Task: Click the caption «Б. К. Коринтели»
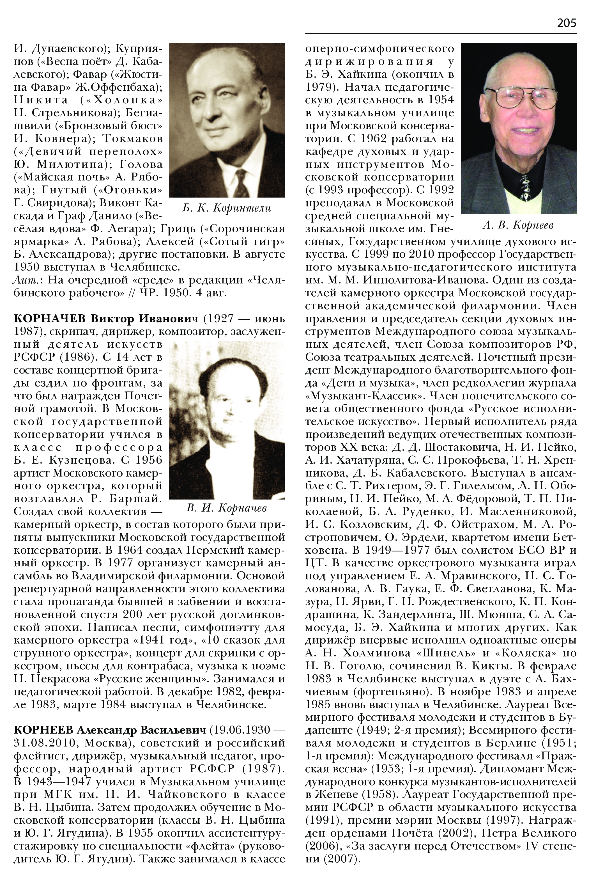click(x=227, y=208)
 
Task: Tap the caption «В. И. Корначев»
click(x=227, y=508)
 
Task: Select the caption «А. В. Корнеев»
click(x=518, y=225)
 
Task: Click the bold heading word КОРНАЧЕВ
click(x=50, y=319)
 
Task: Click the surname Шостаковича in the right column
click(x=458, y=448)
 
